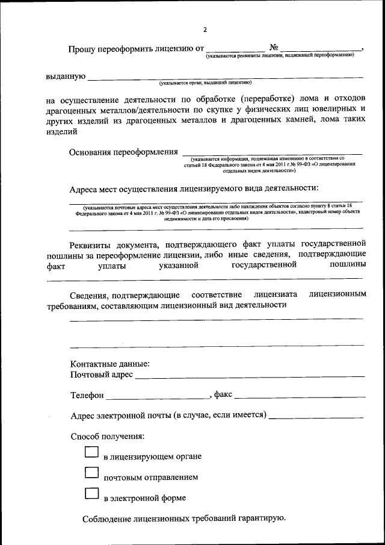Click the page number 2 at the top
click(205, 30)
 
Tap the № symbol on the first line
click(273, 47)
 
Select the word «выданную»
click(66, 76)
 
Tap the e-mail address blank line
click(316, 416)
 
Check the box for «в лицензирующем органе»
click(91, 452)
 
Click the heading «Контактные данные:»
click(110, 364)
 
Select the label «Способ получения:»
click(107, 436)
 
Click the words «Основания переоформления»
click(124, 152)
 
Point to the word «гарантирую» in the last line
click(257, 519)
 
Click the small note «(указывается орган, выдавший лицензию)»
click(201, 83)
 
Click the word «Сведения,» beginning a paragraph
click(91, 295)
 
